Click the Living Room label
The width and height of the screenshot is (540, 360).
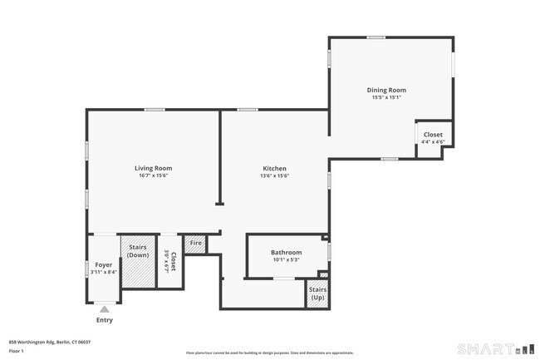[x=153, y=168]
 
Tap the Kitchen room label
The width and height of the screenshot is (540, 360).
[x=275, y=168]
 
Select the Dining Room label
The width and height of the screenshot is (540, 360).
[x=386, y=90]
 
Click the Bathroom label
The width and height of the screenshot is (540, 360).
[x=286, y=252]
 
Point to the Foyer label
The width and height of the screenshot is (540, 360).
[x=104, y=264]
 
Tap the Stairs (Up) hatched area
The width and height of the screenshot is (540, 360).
[x=317, y=296]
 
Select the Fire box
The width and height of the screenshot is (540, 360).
[x=195, y=244]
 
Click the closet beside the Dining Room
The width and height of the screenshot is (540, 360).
[x=433, y=138]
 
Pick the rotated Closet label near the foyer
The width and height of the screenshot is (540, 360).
[x=170, y=263]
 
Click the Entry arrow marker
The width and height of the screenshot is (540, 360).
[x=104, y=309]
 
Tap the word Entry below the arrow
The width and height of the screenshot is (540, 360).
[x=104, y=320]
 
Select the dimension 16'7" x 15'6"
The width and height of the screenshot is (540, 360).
[x=153, y=175]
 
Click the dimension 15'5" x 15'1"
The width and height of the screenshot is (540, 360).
[x=386, y=97]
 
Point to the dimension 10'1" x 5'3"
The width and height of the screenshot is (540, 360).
[x=286, y=259]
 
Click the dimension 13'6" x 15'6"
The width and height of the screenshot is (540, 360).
[x=275, y=175]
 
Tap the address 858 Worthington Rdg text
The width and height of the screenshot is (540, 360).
[x=50, y=342]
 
